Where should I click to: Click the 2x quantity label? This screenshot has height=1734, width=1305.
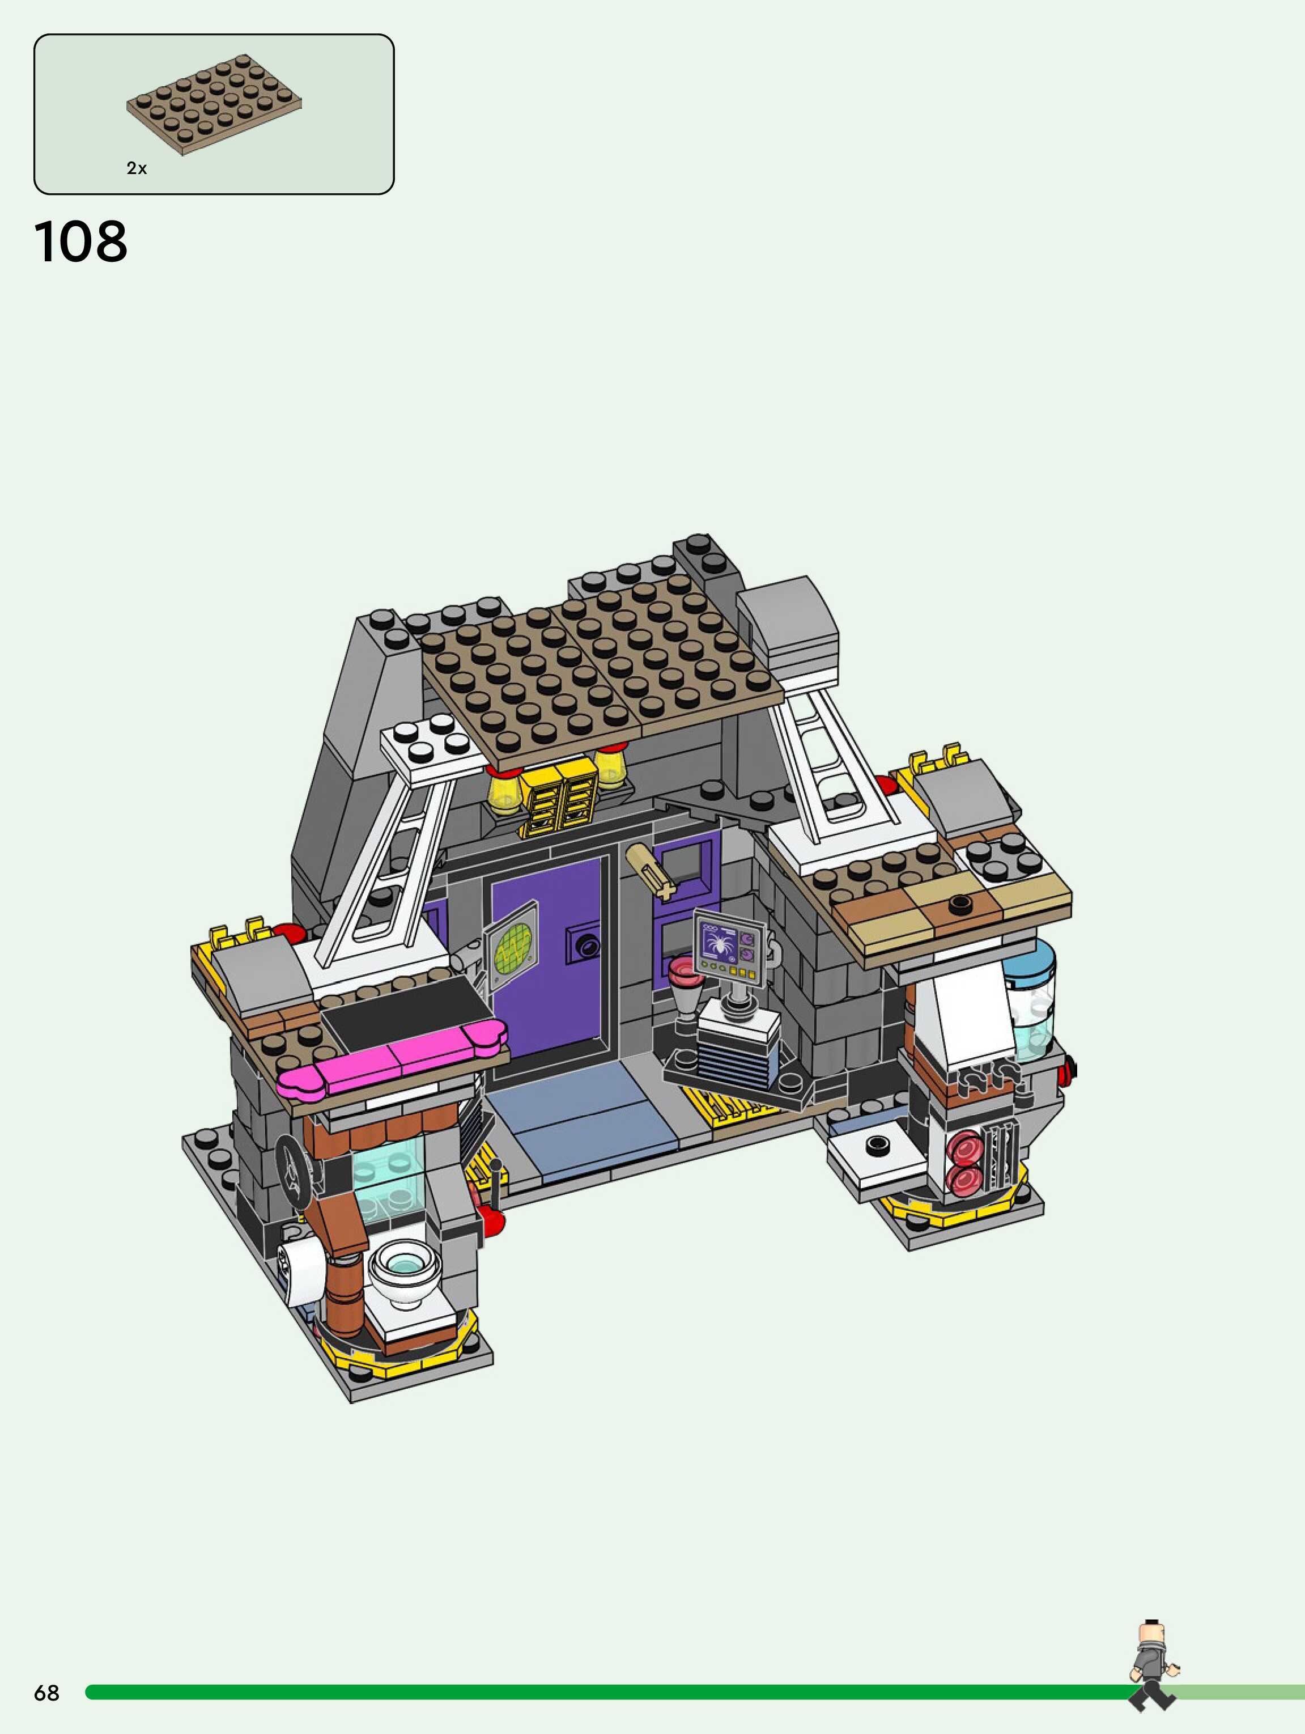[x=137, y=168]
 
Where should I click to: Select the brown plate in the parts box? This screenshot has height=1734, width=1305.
[x=214, y=104]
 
